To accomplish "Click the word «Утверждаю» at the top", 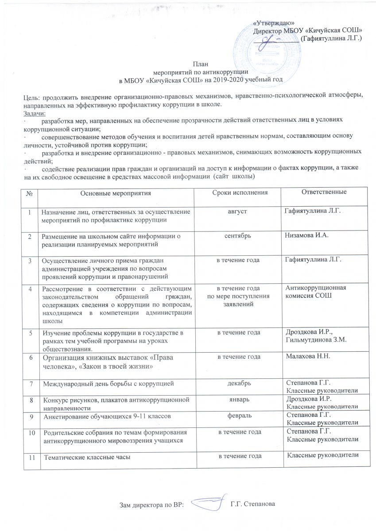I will (273, 23).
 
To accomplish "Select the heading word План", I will (200, 64).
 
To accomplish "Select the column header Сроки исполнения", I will (240, 193).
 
